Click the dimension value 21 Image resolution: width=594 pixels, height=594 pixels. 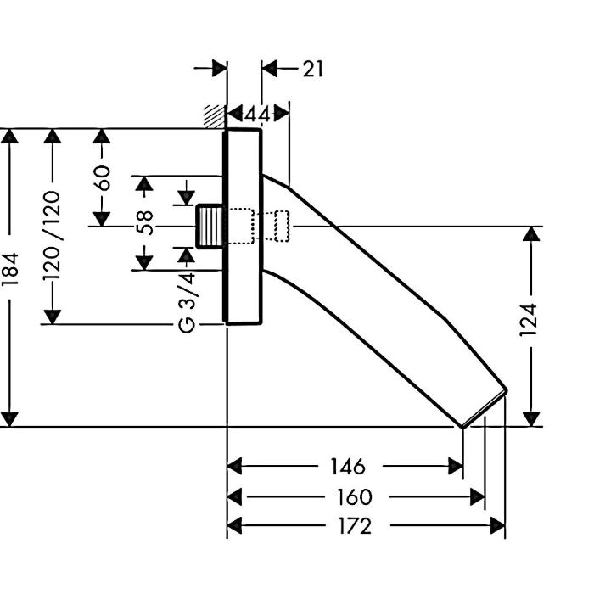pyautogui.click(x=313, y=69)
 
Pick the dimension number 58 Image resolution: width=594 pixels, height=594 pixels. pyautogui.click(x=145, y=222)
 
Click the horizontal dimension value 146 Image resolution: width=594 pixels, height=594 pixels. pyautogui.click(x=347, y=466)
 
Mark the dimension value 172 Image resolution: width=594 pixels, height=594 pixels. pyautogui.click(x=354, y=526)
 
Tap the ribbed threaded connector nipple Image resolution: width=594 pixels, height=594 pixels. pyautogui.click(x=211, y=227)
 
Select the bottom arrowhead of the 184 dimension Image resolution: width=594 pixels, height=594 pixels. pyautogui.click(x=10, y=418)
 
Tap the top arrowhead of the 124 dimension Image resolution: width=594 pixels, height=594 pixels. pyautogui.click(x=531, y=235)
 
